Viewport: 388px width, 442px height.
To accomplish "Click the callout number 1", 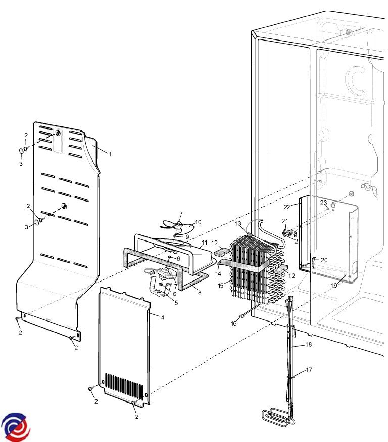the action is [x=110, y=154].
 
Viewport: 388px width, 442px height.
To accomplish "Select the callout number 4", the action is [x=162, y=317].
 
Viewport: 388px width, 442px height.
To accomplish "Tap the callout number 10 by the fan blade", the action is [x=198, y=222].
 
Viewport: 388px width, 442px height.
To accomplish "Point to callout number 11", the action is [x=205, y=243].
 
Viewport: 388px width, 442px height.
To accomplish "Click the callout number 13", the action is [x=238, y=224].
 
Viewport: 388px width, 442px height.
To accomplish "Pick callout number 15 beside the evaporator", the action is [x=221, y=285].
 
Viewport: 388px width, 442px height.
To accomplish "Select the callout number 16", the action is [x=234, y=324].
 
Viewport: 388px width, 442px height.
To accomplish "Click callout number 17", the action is [x=309, y=370].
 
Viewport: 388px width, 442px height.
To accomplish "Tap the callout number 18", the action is [x=308, y=344].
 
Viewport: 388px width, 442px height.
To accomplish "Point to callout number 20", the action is [x=324, y=260].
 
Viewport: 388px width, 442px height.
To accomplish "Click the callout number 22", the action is [x=287, y=207].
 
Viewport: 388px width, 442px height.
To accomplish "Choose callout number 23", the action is [x=324, y=203].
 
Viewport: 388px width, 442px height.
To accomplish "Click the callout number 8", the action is [x=200, y=292].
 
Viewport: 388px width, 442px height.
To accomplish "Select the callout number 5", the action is [x=176, y=303].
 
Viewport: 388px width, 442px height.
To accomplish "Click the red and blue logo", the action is [x=16, y=427].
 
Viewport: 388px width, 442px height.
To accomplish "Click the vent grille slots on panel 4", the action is [x=124, y=384].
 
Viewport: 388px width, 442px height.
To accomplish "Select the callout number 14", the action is [x=218, y=274].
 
